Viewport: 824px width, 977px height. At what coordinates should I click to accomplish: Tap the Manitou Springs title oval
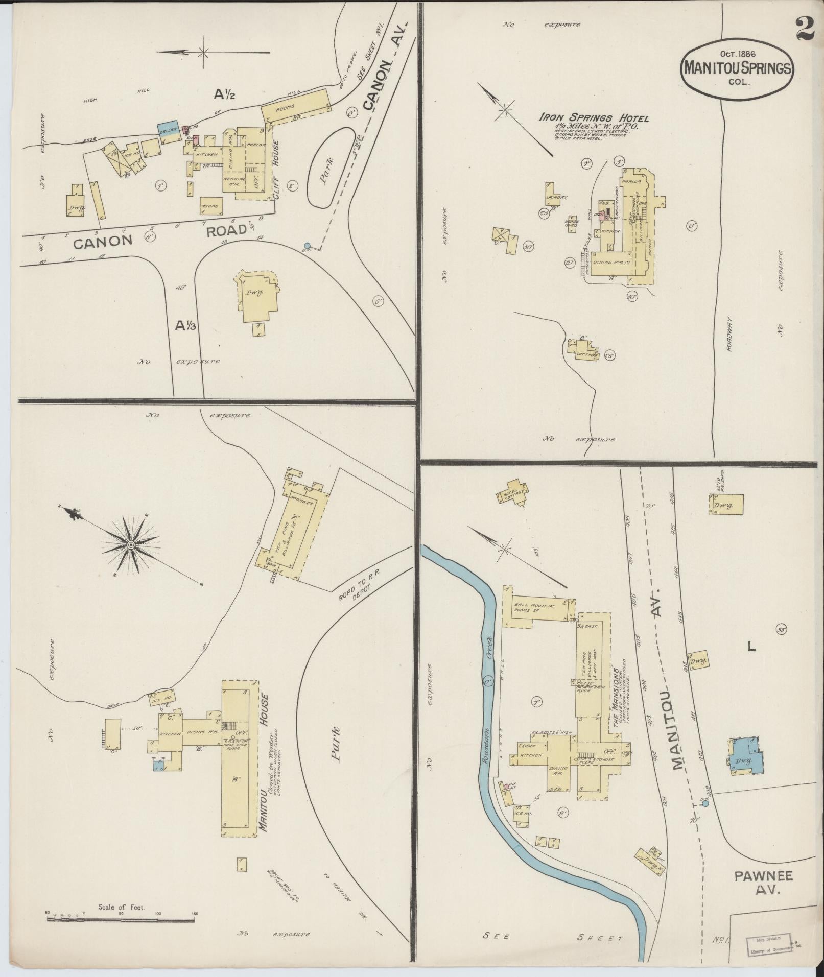tap(737, 67)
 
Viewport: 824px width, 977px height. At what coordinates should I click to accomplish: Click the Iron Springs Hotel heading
tap(594, 118)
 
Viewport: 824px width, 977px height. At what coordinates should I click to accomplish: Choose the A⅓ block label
tap(186, 325)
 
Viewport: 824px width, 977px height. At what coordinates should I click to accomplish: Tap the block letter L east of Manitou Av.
tap(751, 647)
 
